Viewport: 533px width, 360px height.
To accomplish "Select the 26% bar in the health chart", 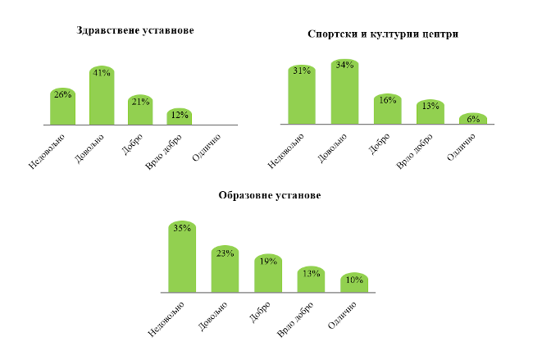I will tap(62, 107).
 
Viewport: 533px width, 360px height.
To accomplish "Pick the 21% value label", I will tap(139, 101).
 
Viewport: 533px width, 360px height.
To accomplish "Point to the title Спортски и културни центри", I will tap(382, 35).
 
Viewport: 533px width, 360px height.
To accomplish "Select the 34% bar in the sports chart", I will tap(344, 92).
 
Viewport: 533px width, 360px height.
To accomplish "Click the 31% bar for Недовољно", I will tap(302, 95).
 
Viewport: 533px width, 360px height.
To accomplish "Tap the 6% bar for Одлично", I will tap(472, 119).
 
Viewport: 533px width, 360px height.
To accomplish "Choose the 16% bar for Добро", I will tap(387, 110).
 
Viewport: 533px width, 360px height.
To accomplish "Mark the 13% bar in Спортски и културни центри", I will tap(430, 113).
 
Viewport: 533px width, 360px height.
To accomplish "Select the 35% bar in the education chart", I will tap(182, 257).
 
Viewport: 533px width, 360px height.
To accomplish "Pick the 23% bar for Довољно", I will tap(225, 270).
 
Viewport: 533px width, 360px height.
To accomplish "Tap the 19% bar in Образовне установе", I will tap(267, 274).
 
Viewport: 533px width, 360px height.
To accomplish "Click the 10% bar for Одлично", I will tap(354, 283).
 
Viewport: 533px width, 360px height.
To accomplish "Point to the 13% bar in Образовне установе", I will tap(311, 280).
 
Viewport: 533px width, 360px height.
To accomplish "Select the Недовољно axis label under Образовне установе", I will tap(167, 318).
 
